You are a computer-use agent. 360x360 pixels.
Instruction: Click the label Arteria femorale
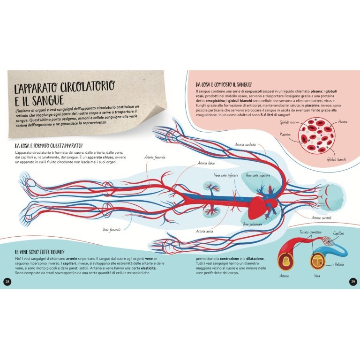coord(155,157)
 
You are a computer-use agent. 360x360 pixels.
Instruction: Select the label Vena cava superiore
coord(257,176)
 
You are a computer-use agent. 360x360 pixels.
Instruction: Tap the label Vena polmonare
coord(252,225)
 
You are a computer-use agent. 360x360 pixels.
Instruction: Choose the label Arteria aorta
coord(205,232)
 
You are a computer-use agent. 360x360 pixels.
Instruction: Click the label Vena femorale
coord(112,230)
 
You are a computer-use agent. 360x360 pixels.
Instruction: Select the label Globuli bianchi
coord(337,160)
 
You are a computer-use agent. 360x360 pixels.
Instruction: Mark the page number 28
coord(7,281)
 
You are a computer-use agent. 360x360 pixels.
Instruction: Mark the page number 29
coord(353,281)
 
